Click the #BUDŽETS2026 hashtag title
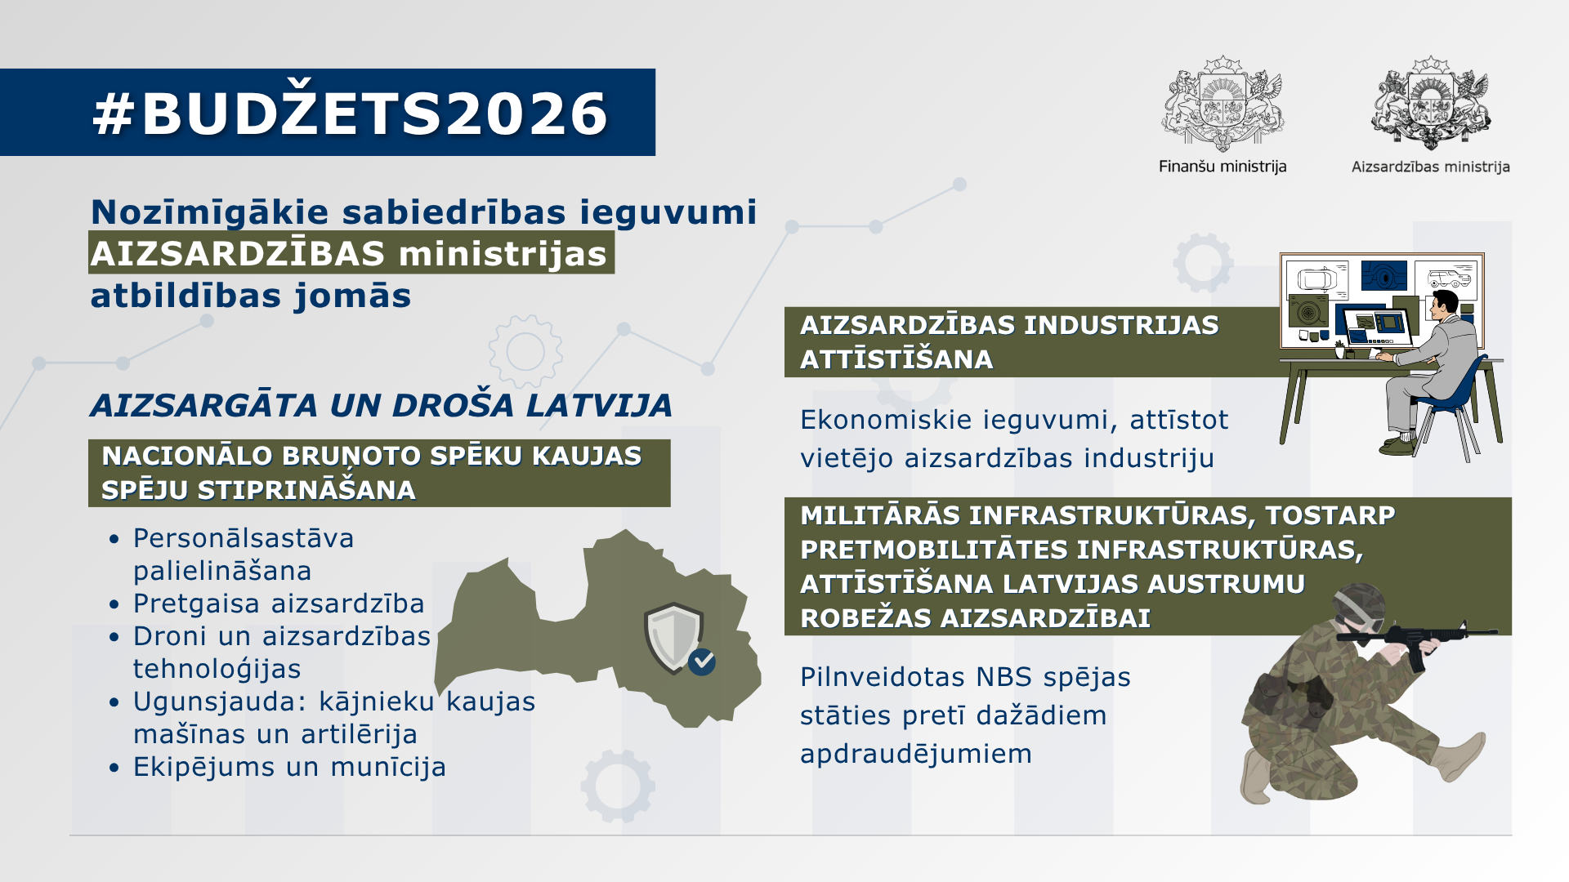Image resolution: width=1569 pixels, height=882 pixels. (x=350, y=113)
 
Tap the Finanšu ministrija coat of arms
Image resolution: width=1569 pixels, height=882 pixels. (x=1223, y=104)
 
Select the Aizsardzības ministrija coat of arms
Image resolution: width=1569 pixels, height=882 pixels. (x=1431, y=104)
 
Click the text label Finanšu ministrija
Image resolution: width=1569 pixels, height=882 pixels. (x=1223, y=167)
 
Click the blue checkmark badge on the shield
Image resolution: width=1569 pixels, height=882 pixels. (x=702, y=661)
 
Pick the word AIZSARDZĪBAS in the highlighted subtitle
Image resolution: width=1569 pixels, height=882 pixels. (x=238, y=254)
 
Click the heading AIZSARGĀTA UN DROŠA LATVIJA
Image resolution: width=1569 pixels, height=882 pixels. (x=381, y=405)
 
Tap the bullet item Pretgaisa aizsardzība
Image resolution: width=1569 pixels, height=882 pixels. (x=279, y=604)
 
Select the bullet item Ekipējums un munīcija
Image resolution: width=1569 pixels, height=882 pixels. (x=289, y=767)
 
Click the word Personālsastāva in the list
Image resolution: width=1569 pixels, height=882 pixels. (x=244, y=538)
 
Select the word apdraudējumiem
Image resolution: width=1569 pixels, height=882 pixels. (x=915, y=753)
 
